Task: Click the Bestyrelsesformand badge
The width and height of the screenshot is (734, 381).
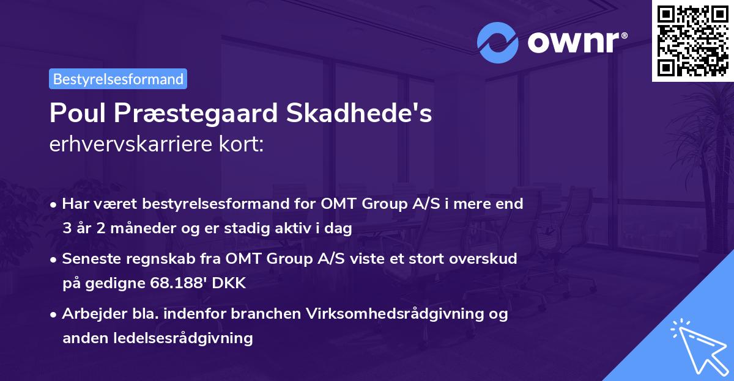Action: point(118,79)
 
